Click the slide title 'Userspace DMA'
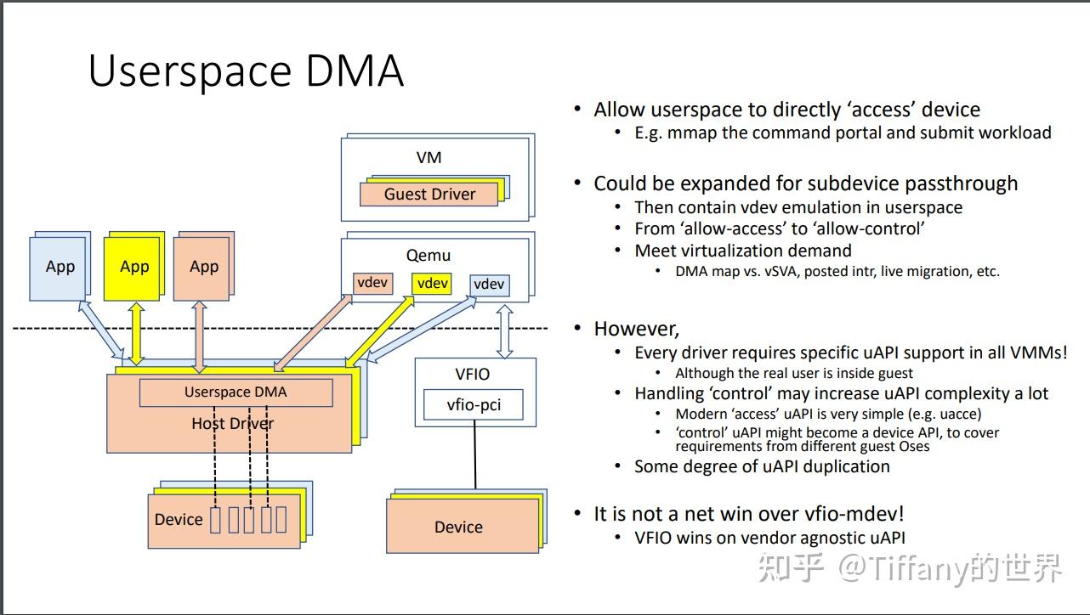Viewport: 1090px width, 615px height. [246, 71]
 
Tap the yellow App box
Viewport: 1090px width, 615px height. [133, 267]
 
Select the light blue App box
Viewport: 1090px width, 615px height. [60, 268]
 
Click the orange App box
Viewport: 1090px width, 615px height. [203, 268]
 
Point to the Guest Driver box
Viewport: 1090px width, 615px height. [429, 194]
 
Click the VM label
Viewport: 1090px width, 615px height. [429, 157]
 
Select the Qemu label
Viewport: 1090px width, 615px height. [429, 255]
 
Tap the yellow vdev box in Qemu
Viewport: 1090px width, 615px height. [432, 283]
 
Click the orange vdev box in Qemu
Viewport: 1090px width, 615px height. [372, 283]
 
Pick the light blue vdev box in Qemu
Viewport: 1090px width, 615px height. [489, 285]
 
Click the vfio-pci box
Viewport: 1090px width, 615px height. [474, 405]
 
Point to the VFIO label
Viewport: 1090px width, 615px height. [473, 374]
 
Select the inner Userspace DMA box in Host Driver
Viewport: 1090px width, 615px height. [236, 392]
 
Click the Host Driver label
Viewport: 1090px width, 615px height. [232, 423]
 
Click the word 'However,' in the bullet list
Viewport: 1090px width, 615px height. [636, 329]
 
